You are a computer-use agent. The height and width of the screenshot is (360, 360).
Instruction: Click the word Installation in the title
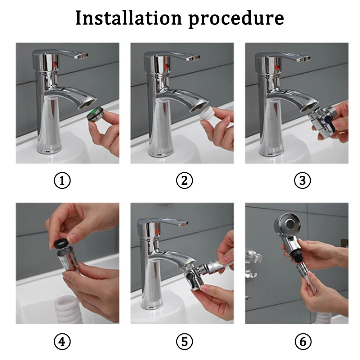pyautogui.click(x=129, y=18)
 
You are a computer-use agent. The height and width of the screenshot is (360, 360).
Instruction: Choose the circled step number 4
pyautogui.click(x=62, y=341)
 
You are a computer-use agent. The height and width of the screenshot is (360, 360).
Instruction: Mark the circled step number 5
pyautogui.click(x=184, y=341)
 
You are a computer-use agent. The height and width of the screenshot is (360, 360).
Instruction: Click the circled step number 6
pyautogui.click(x=302, y=341)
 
